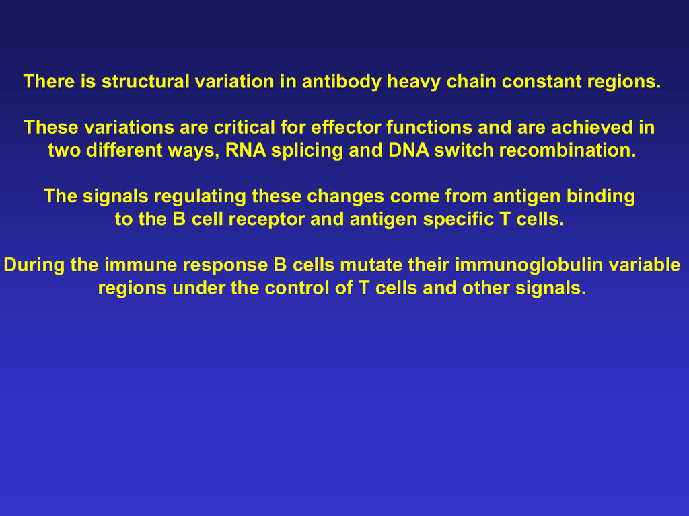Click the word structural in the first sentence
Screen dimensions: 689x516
click(145, 81)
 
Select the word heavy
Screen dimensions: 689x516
click(414, 82)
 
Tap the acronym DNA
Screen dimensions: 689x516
click(408, 150)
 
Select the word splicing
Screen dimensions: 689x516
click(307, 151)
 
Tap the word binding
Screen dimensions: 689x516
click(601, 197)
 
